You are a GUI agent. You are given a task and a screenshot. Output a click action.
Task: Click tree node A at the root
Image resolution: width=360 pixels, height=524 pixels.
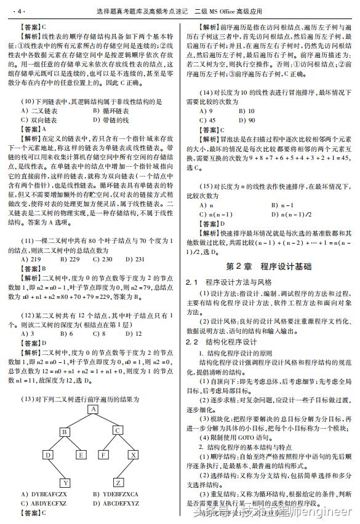(93, 409)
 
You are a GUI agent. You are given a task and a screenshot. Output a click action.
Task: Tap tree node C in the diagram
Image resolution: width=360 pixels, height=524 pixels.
(118, 432)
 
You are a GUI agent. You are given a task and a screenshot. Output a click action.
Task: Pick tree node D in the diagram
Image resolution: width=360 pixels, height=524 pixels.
(47, 455)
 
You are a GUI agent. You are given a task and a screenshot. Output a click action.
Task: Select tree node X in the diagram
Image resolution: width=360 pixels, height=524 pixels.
(134, 455)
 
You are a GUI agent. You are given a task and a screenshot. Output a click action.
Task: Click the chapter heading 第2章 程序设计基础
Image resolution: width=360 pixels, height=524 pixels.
(268, 267)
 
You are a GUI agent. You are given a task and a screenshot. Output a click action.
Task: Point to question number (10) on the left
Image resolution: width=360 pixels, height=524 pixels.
(27, 101)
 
